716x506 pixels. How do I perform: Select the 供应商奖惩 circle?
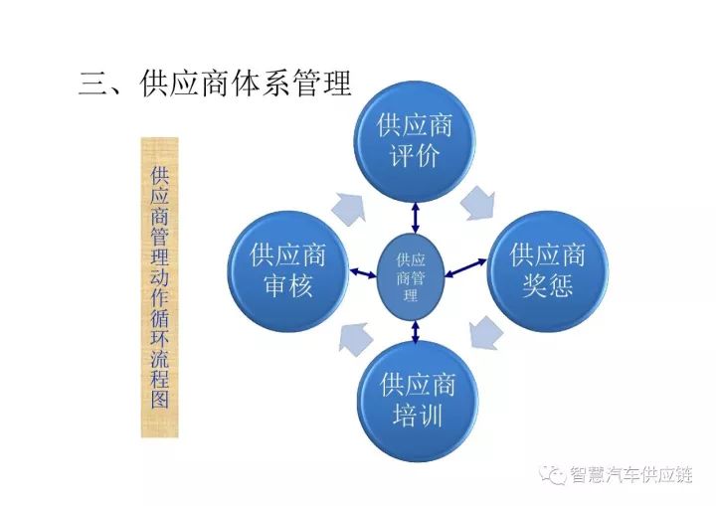(x=548, y=270)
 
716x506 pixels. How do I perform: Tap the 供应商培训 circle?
(x=418, y=402)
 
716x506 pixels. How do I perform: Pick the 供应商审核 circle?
(x=288, y=271)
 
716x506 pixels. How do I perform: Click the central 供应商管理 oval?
(x=411, y=276)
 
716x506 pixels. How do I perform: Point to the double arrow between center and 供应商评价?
(x=415, y=219)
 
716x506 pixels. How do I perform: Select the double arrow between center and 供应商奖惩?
(x=465, y=267)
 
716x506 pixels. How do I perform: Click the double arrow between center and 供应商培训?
(x=415, y=332)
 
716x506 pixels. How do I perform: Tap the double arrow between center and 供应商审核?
(x=364, y=273)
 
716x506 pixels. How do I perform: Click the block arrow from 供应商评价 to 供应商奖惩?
(x=478, y=203)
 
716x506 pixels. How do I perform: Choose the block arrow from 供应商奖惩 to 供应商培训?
(x=485, y=333)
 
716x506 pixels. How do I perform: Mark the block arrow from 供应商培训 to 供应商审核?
(x=356, y=337)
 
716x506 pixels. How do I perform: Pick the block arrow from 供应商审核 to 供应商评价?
(x=350, y=209)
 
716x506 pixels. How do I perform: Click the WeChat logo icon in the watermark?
(x=553, y=475)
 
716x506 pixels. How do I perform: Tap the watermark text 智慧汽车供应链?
(x=630, y=475)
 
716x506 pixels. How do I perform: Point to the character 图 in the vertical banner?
(x=160, y=398)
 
